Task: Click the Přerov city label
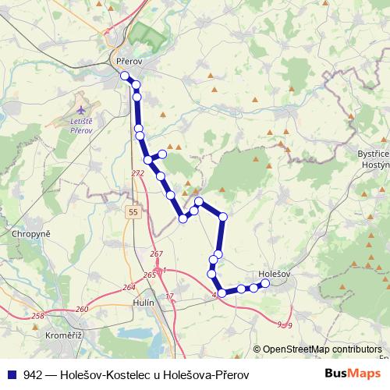click(126, 60)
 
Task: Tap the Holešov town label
click(274, 275)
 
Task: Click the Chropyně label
click(31, 233)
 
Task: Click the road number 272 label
click(138, 173)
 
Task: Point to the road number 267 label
click(155, 254)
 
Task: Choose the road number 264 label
click(129, 288)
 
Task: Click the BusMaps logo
click(353, 374)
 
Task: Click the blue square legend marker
click(10, 374)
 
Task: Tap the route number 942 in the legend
click(33, 374)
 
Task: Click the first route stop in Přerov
click(124, 76)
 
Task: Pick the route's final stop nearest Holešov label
click(265, 283)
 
